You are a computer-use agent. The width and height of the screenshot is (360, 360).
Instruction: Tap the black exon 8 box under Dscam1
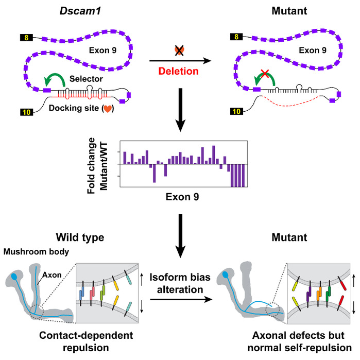(x=26, y=38)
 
